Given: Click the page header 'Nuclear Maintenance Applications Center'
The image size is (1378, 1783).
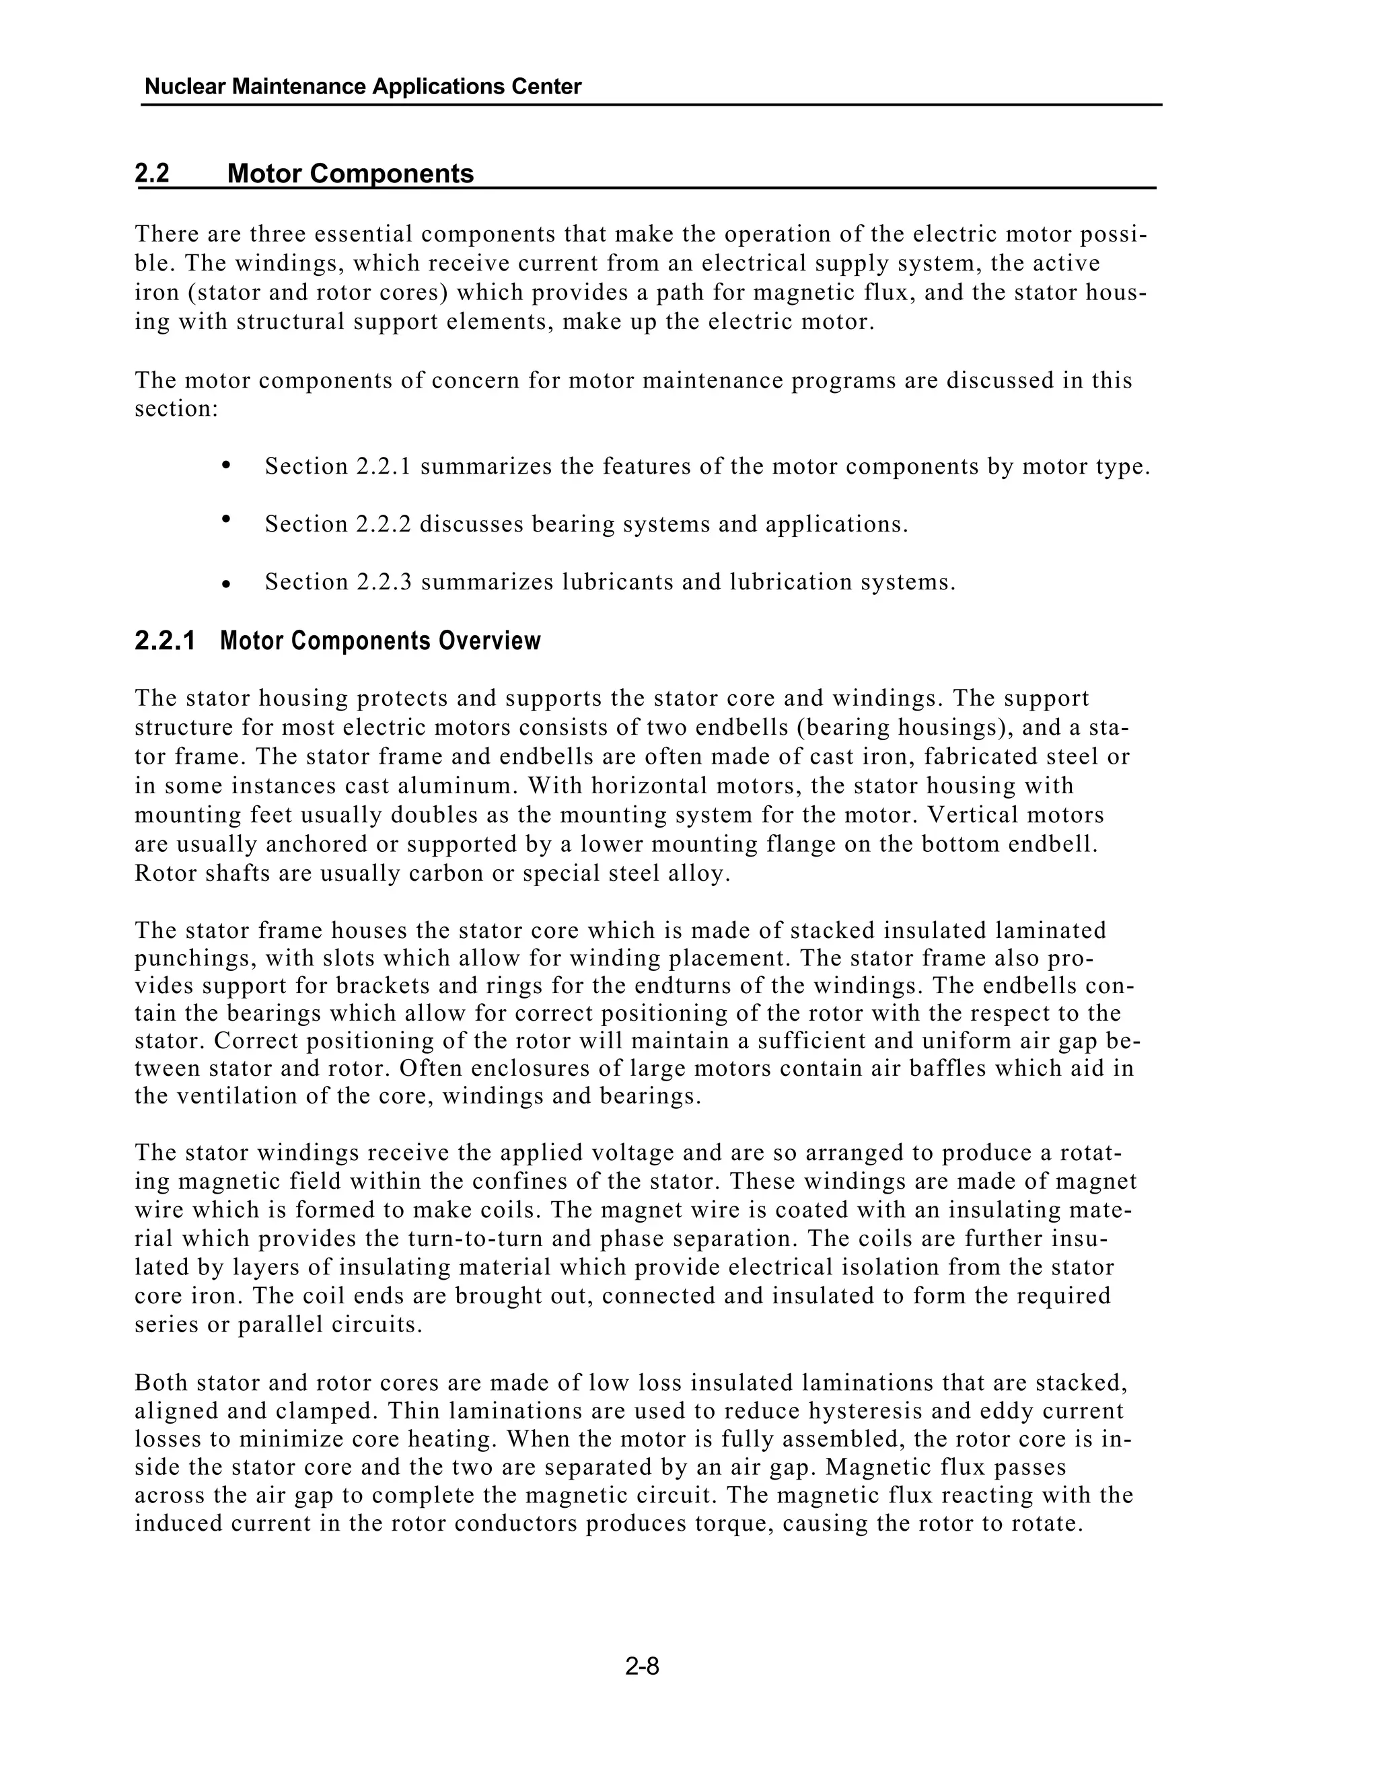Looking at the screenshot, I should (x=363, y=87).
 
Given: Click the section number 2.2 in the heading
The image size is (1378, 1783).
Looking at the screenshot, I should (x=152, y=173).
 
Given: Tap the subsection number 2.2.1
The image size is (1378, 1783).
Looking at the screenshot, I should (x=165, y=641).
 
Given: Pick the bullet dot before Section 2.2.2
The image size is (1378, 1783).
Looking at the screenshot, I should (x=227, y=518).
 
